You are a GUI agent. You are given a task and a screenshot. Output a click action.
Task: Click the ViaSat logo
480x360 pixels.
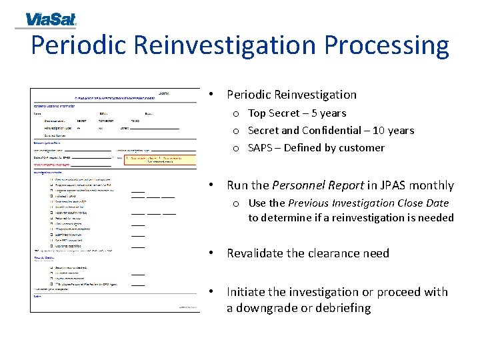point(51,19)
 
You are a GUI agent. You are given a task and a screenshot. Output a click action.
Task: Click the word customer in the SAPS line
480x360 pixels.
point(363,148)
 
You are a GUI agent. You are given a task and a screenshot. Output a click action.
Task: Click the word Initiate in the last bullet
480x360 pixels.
point(247,292)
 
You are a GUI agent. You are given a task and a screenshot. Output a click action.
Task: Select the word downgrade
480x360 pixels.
point(268,308)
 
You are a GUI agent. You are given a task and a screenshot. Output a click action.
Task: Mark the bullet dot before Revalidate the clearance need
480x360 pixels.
point(211,253)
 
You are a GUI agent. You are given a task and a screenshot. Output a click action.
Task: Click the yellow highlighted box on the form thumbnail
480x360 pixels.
point(161,159)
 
